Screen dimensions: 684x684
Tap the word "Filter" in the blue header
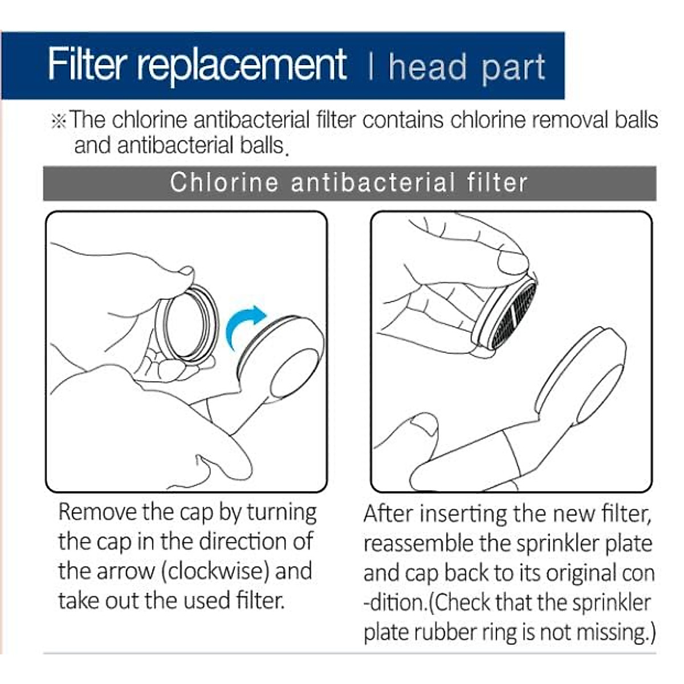click(x=88, y=64)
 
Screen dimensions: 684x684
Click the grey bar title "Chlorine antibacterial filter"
click(x=349, y=183)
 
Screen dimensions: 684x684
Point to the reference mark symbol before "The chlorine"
click(x=59, y=121)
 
